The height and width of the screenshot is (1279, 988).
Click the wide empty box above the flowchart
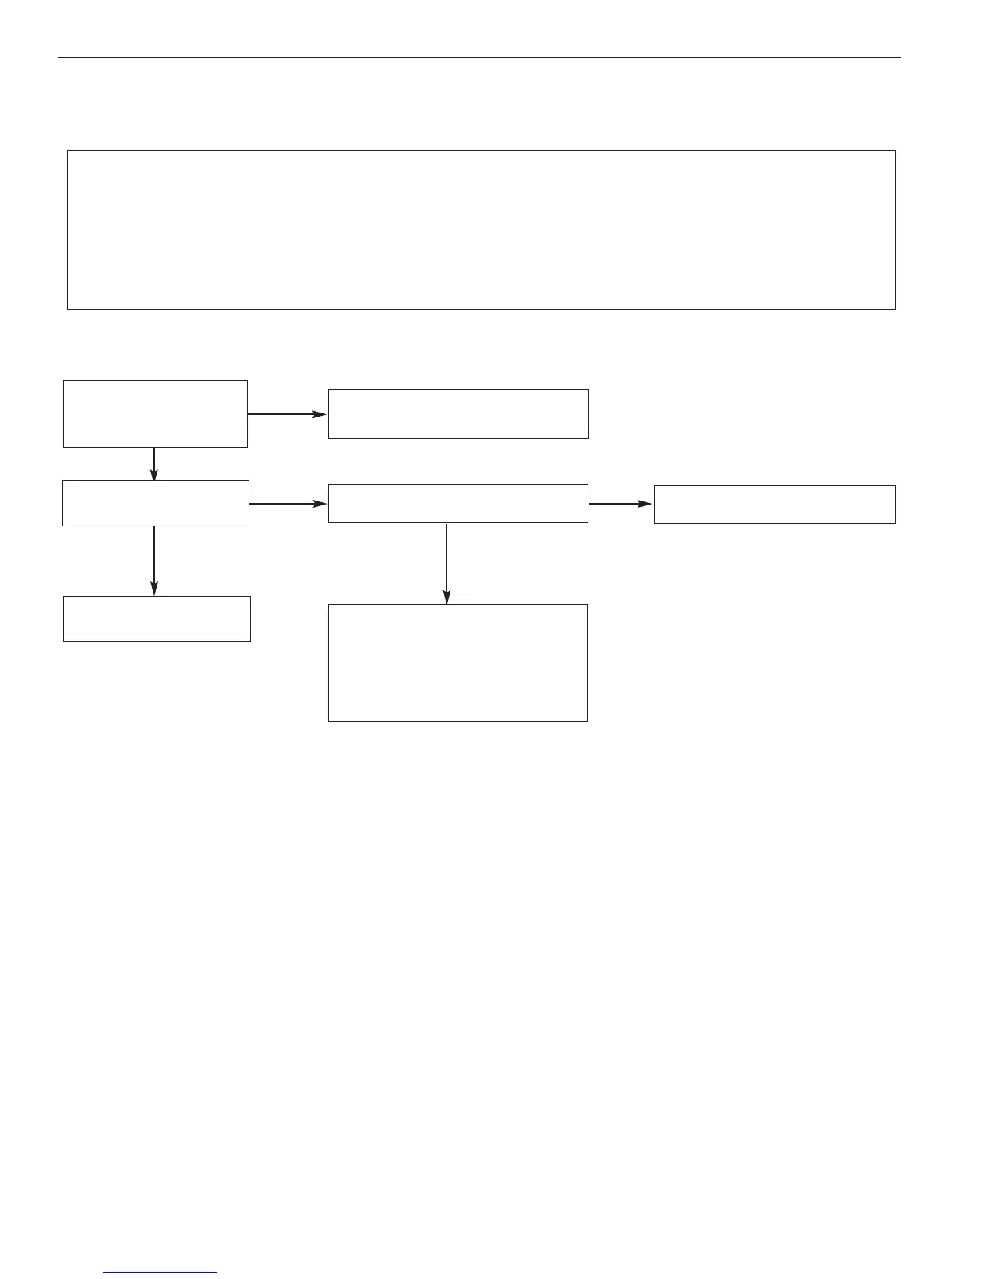(x=481, y=229)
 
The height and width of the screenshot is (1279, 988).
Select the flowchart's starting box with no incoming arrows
(x=155, y=413)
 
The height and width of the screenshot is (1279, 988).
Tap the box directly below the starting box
(x=156, y=503)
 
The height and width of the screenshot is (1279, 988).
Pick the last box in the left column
(x=157, y=619)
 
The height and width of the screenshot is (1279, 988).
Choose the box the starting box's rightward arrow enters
(x=458, y=413)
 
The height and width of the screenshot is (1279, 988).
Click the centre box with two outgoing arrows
(x=458, y=503)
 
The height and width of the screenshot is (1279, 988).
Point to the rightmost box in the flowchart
(x=774, y=504)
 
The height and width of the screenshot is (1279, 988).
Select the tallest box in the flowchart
(x=457, y=662)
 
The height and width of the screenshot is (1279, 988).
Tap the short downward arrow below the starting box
(x=154, y=463)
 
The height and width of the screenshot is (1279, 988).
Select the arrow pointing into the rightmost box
(x=620, y=504)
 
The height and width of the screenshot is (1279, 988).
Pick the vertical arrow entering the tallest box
(x=446, y=563)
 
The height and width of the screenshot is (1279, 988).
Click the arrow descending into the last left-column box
(x=154, y=560)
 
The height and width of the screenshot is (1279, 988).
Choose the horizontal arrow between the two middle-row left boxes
(x=287, y=504)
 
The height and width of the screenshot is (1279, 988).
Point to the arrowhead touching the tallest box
(x=446, y=597)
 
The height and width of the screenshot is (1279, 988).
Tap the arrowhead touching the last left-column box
(x=154, y=589)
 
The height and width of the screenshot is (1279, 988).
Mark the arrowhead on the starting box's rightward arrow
(x=320, y=414)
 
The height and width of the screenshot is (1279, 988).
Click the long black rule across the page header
(x=479, y=57)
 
